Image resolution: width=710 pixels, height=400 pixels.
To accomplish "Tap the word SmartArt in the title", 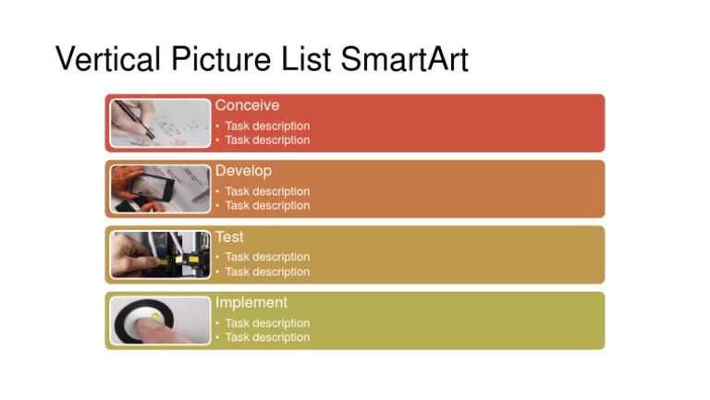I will click(404, 59).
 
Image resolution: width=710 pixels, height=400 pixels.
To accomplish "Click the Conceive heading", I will click(247, 105).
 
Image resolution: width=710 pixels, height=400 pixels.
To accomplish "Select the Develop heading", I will click(243, 171).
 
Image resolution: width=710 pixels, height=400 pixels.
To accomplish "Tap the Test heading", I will click(229, 236).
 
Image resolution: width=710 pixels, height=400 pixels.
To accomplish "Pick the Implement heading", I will click(251, 302).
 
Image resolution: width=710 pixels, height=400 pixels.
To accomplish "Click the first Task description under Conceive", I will click(267, 126).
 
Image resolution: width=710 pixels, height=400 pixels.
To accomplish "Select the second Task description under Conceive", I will click(267, 140).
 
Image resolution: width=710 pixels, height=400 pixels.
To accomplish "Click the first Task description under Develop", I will click(267, 191).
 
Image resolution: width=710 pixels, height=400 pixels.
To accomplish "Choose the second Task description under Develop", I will click(267, 205).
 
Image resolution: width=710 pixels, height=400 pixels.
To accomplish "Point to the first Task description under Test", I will click(267, 257).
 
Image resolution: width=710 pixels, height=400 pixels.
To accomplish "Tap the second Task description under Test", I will click(267, 272).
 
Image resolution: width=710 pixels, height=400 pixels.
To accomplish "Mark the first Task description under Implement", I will click(267, 323).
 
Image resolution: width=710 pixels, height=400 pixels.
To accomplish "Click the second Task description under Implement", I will click(267, 337).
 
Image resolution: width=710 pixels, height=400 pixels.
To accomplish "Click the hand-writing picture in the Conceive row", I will click(161, 123).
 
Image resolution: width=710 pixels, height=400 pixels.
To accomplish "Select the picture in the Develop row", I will click(161, 188).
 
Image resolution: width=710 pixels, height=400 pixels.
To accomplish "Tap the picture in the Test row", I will click(161, 254).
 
